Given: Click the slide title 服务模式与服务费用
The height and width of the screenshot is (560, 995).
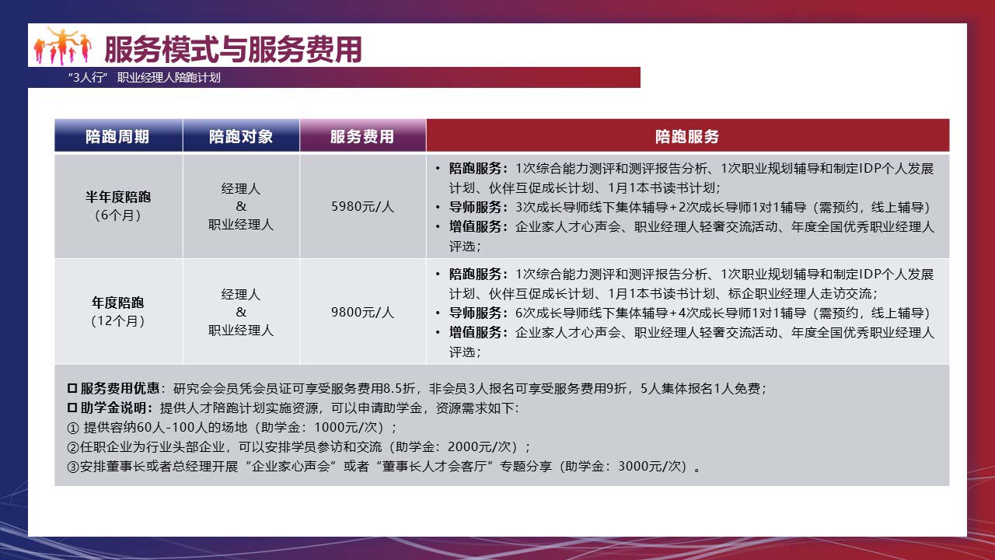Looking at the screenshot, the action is [x=233, y=49].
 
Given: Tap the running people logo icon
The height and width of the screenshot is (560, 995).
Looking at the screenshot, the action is [x=63, y=46].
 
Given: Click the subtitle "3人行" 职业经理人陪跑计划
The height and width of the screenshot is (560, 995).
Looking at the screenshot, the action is [x=145, y=78].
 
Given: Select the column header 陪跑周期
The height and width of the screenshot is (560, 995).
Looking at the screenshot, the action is [x=117, y=136].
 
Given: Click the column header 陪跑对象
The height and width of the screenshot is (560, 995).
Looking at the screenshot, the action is [x=241, y=136].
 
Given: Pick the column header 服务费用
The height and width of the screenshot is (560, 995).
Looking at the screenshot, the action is [x=362, y=136].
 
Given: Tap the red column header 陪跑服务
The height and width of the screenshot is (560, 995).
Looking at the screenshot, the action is [x=687, y=136].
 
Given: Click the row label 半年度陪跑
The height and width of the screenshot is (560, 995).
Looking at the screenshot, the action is [x=118, y=197].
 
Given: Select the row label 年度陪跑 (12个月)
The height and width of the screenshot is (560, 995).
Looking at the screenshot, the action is [x=117, y=312].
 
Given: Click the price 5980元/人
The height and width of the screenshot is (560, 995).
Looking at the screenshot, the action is [x=362, y=207].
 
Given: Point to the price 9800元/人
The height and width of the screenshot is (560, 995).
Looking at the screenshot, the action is [x=362, y=313].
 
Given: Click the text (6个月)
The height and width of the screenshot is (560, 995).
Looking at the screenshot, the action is [x=117, y=215].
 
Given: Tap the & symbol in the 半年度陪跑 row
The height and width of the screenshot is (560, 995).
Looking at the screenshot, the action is [x=241, y=206].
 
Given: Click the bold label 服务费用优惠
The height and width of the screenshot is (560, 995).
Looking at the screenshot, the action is [x=120, y=388].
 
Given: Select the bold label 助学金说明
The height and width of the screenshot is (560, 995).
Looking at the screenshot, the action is [x=113, y=408].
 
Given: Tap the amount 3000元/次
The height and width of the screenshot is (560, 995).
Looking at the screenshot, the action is [x=649, y=466].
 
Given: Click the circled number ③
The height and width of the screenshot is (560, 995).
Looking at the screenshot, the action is [x=73, y=467].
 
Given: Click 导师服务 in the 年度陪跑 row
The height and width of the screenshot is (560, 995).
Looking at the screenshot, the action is [x=475, y=313].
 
